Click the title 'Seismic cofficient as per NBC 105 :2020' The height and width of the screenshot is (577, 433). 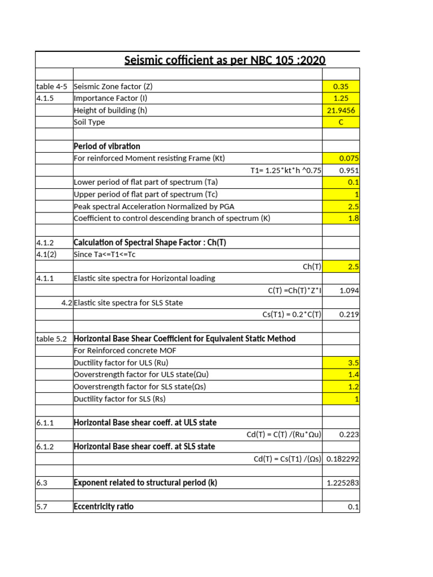(x=224, y=60)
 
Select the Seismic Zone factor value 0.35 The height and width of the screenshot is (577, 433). (x=341, y=86)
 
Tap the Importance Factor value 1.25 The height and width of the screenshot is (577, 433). (x=341, y=99)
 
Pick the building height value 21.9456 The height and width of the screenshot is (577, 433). (x=341, y=110)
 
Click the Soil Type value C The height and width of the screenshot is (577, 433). (x=341, y=122)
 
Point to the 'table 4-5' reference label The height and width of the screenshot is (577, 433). (x=52, y=86)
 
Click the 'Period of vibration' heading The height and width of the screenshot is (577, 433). (x=107, y=147)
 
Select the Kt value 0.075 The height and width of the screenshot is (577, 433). (x=349, y=158)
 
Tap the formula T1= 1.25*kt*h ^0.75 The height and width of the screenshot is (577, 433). (x=285, y=170)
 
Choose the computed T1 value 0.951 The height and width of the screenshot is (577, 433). (x=349, y=170)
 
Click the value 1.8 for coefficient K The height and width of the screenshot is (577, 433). (x=353, y=218)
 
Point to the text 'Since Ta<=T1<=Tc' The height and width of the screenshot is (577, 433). (x=105, y=254)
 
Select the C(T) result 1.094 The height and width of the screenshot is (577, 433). (x=349, y=291)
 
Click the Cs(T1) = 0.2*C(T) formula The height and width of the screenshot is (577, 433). (x=291, y=314)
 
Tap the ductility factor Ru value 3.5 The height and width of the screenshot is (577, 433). (x=353, y=362)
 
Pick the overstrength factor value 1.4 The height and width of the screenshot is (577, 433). (x=353, y=374)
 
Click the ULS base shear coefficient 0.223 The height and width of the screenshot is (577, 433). (x=349, y=434)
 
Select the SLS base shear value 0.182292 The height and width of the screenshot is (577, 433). (x=343, y=459)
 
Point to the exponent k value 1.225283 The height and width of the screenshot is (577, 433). (x=343, y=483)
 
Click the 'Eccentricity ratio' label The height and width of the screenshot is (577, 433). (x=104, y=507)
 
